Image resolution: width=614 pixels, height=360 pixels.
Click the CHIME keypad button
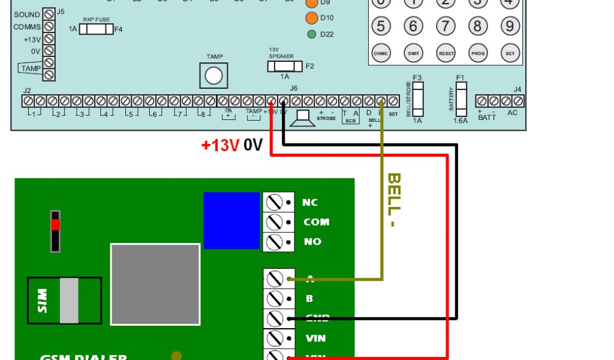pyautogui.click(x=381, y=53)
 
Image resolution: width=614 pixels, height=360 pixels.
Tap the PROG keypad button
pyautogui.click(x=477, y=53)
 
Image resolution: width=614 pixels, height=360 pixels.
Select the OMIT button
pyautogui.click(x=413, y=53)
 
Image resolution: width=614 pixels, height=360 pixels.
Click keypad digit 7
pyautogui.click(x=445, y=26)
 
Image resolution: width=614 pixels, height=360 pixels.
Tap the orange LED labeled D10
pyautogui.click(x=312, y=18)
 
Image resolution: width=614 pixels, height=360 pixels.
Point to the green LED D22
pyautogui.click(x=312, y=34)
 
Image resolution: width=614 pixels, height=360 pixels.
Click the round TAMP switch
pyautogui.click(x=214, y=76)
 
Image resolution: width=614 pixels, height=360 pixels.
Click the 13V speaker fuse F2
pyautogui.click(x=285, y=66)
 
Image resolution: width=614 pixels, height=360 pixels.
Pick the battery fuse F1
pyautogui.click(x=460, y=99)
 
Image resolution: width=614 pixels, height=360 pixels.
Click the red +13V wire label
pyautogui.click(x=220, y=145)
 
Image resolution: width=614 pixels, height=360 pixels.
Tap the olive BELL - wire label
pyautogui.click(x=393, y=200)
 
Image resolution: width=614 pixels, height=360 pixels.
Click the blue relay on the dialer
pyautogui.click(x=231, y=220)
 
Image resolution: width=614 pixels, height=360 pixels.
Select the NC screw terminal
pyautogui.click(x=274, y=202)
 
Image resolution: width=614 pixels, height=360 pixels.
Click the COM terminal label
pyautogui.click(x=316, y=222)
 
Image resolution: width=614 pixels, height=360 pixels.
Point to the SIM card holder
pyautogui.click(x=64, y=299)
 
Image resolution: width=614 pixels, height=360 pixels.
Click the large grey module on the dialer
pyautogui.click(x=155, y=284)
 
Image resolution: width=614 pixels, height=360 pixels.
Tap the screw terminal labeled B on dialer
pyautogui.click(x=275, y=298)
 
